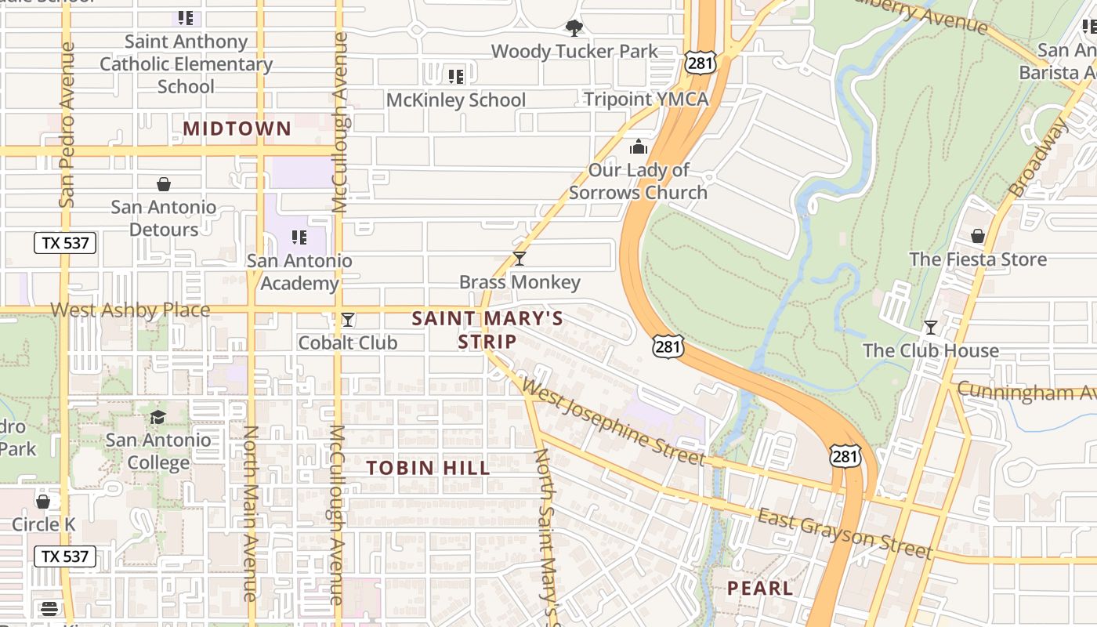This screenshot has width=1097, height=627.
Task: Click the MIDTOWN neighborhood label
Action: [x=237, y=129]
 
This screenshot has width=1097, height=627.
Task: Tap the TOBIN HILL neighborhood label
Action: [x=429, y=468]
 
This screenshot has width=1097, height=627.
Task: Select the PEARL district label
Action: [x=759, y=588]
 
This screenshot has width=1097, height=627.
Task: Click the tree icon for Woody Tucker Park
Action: [x=574, y=29]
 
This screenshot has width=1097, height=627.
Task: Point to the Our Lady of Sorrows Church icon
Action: [x=639, y=147]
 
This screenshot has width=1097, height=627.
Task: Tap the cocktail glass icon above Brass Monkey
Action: [x=519, y=259]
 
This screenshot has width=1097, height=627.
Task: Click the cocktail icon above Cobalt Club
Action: [x=348, y=320]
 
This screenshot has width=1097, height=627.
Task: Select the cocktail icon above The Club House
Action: [x=930, y=328]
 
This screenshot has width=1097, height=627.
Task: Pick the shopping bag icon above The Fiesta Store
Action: [x=977, y=236]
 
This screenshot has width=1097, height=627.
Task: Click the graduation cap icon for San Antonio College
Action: [x=158, y=417]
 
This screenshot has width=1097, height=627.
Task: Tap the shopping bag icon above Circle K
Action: [x=43, y=501]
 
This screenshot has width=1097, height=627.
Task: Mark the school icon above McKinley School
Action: [x=455, y=77]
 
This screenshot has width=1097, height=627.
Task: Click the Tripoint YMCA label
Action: [x=646, y=99]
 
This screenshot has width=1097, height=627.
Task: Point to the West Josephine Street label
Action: [x=612, y=422]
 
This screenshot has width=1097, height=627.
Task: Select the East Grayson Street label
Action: [x=845, y=534]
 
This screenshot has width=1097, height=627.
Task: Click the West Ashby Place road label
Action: [x=130, y=310]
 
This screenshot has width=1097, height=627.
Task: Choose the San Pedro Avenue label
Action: [x=67, y=125]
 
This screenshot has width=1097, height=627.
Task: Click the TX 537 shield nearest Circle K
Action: [x=65, y=556]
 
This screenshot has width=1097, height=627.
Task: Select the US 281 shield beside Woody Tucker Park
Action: [x=699, y=63]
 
